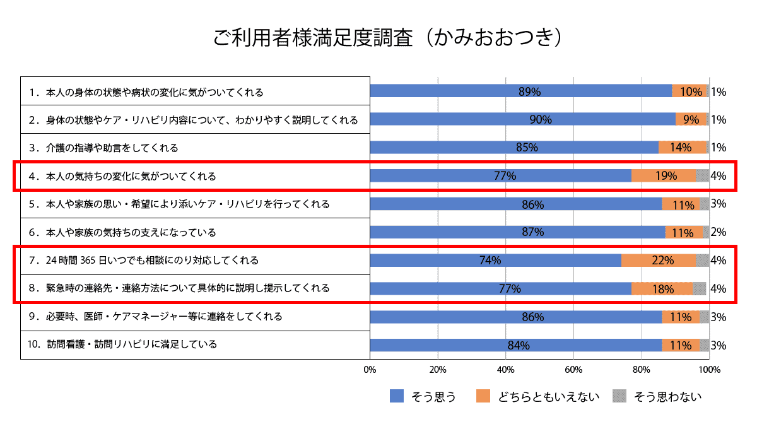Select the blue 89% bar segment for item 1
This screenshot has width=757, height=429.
(x=520, y=91)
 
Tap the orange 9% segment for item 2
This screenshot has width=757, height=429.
(x=691, y=119)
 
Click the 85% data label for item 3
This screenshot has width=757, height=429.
(x=527, y=148)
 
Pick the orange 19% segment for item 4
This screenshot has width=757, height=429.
(x=664, y=176)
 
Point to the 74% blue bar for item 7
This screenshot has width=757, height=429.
(x=495, y=260)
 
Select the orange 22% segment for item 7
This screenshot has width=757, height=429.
(x=659, y=260)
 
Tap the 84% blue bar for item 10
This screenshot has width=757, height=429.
(x=515, y=345)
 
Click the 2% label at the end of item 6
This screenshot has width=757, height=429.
(x=718, y=232)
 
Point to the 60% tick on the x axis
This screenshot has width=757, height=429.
(x=573, y=369)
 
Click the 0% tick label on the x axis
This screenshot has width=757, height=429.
(x=370, y=369)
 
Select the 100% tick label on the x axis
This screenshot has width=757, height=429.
(x=709, y=369)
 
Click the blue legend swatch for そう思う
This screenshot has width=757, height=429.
(x=397, y=396)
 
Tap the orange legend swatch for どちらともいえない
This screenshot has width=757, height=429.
(x=483, y=396)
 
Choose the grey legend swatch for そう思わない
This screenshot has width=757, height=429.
(x=619, y=396)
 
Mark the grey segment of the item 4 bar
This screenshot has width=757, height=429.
(x=702, y=176)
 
